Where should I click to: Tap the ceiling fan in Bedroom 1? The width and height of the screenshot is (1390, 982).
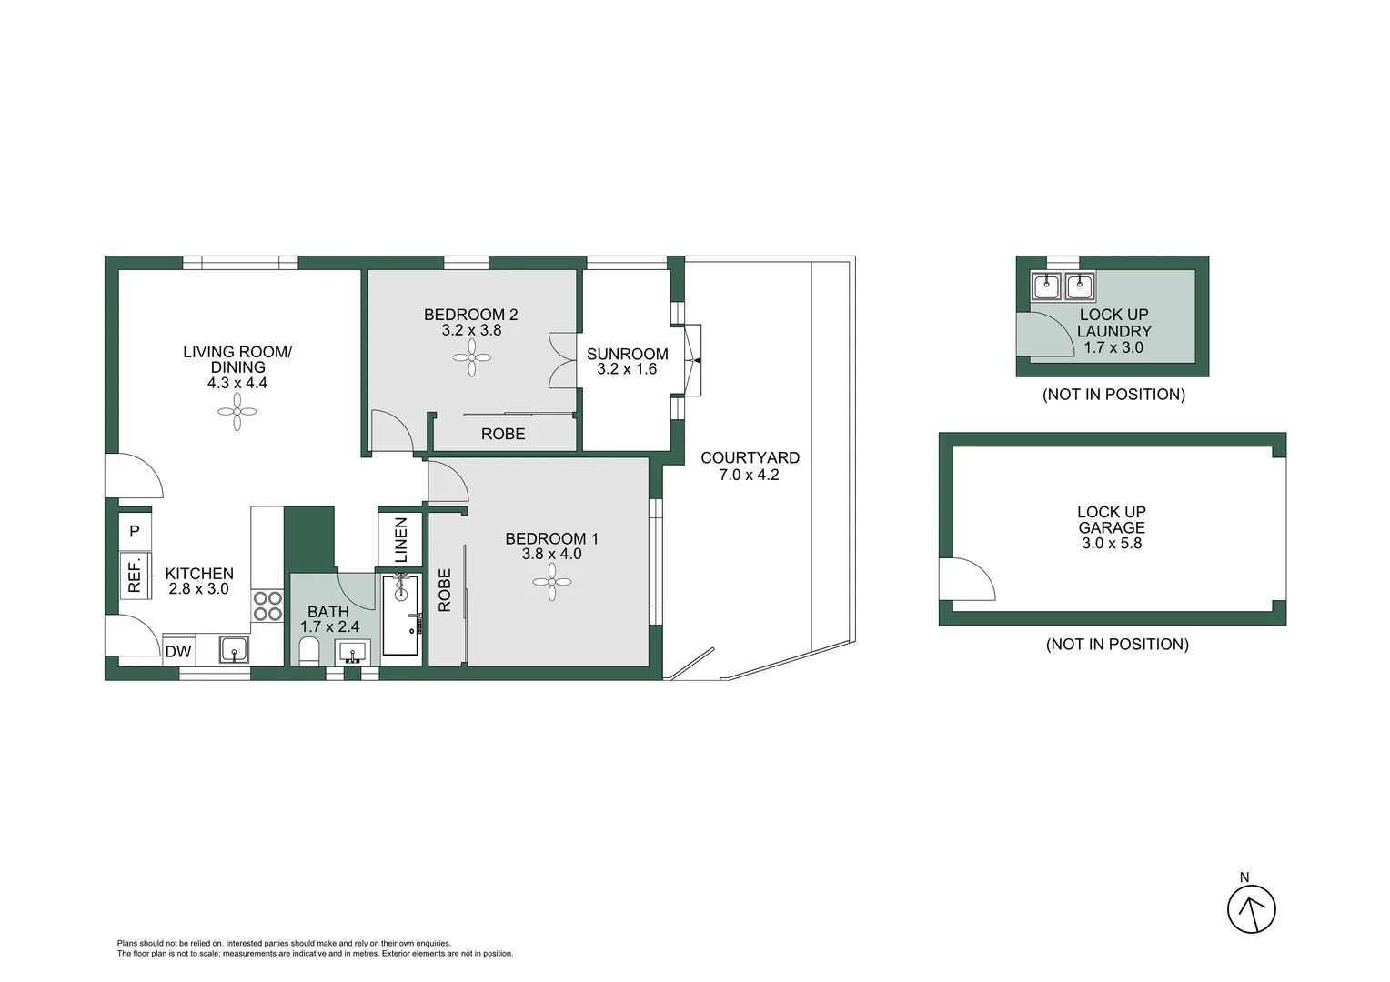[x=552, y=582]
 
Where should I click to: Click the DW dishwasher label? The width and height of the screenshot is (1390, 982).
[x=178, y=651]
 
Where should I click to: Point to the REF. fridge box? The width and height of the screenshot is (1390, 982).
[x=135, y=576]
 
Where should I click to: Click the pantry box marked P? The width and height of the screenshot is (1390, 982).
[x=135, y=530]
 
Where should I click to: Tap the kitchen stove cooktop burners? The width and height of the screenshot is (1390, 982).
[x=267, y=606]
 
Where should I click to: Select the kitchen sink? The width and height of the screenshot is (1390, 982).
[x=234, y=650]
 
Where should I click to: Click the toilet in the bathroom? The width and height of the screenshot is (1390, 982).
[x=309, y=651]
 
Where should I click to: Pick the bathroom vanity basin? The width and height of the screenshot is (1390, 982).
[x=353, y=652]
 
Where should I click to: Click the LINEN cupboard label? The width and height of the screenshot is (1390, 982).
[x=400, y=540]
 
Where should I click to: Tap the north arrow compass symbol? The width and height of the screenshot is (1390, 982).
[x=1252, y=907]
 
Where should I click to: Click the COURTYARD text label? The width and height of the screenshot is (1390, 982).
[x=750, y=457]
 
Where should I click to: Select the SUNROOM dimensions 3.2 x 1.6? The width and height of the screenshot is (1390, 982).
[x=627, y=369]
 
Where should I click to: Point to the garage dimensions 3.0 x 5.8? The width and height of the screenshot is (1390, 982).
[x=1112, y=544]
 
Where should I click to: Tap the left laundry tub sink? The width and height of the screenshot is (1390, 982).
[x=1046, y=286]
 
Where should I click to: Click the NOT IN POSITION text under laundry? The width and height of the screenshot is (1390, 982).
[x=1113, y=395]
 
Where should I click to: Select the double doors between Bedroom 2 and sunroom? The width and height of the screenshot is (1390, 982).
[x=563, y=361]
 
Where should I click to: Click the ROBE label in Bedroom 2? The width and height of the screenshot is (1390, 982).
[x=503, y=435]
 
